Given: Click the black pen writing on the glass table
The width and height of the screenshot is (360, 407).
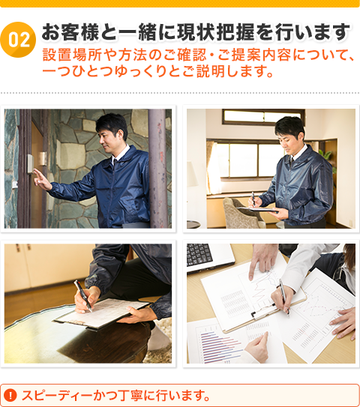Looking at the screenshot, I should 82,295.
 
